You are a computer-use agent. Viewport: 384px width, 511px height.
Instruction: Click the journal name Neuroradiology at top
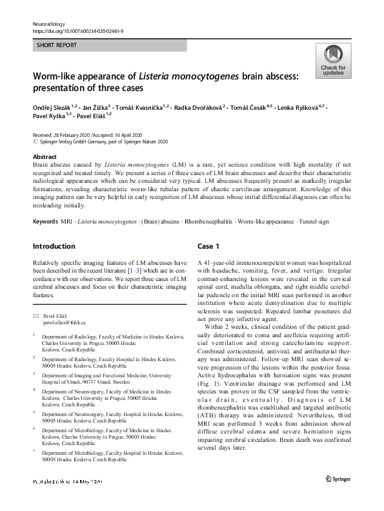(49, 23)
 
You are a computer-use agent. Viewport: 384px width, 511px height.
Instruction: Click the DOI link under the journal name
(78, 30)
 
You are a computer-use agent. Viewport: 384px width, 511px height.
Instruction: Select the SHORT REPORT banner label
(57, 45)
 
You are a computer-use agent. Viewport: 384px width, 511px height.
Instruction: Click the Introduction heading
(54, 246)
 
